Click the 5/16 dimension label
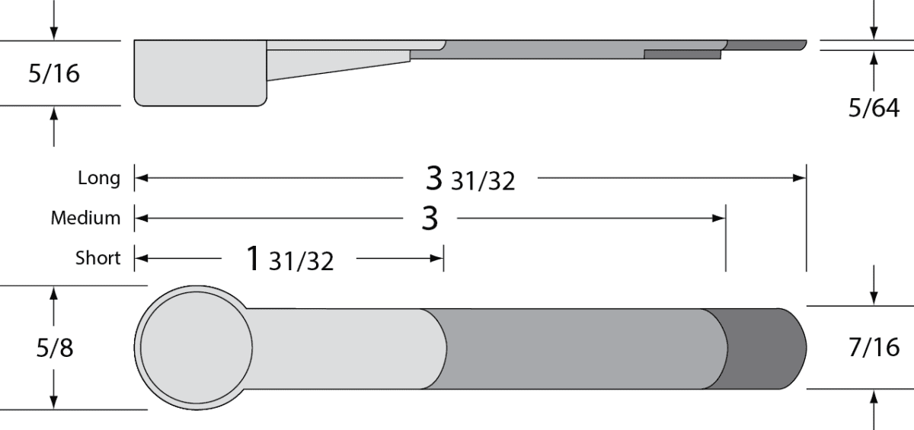54,74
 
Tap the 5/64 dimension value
874,108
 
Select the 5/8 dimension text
55,348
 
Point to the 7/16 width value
874,347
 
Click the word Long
99,178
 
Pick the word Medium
85,218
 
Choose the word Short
98,258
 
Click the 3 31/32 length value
470,180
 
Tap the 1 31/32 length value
290,260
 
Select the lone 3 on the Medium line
430,218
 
